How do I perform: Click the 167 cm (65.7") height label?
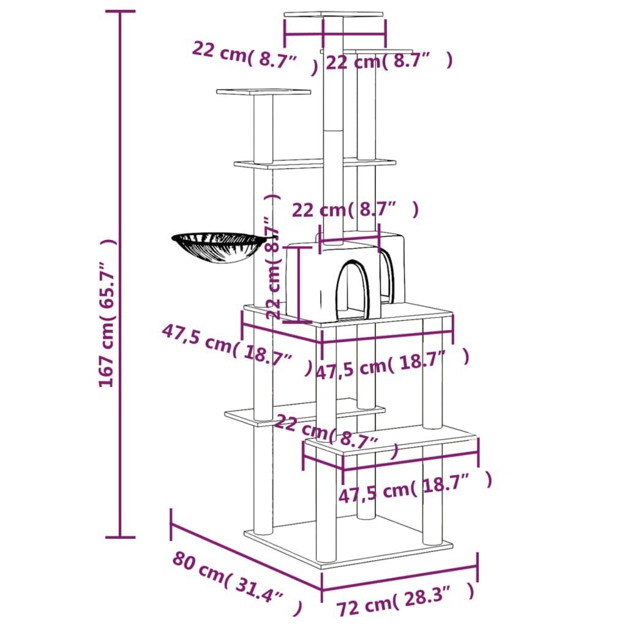coord(107,312)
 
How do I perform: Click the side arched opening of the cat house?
coord(387,276)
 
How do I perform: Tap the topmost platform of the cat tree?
coord(334,15)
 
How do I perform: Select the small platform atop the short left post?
coord(263,92)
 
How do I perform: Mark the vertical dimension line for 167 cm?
coord(120,276)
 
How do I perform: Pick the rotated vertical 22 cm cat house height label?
coord(273,257)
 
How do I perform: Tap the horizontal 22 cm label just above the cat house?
coord(355,210)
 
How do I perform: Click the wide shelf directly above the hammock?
coord(314,163)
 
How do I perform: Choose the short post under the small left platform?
coord(263,129)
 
